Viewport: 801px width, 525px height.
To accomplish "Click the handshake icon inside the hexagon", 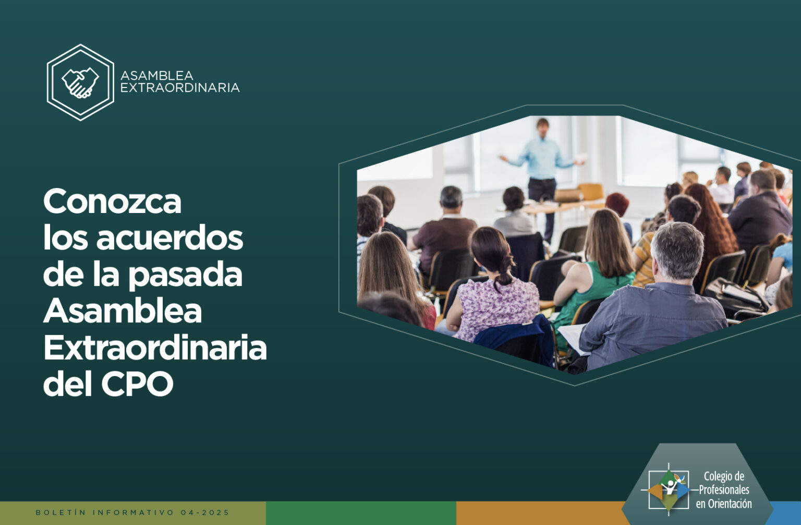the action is (x=80, y=82).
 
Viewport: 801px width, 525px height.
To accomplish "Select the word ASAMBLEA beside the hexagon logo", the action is (x=156, y=76).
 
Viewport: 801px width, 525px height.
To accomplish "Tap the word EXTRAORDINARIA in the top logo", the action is (x=180, y=87).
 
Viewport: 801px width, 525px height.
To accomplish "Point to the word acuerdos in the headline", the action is (x=170, y=238).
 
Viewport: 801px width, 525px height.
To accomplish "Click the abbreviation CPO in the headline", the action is (x=137, y=384).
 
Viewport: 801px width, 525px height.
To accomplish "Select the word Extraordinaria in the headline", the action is (x=155, y=347).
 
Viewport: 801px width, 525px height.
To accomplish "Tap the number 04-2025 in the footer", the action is (x=205, y=512).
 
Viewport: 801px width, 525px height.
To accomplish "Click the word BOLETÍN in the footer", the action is (x=61, y=512).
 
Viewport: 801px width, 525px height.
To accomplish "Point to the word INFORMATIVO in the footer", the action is (x=133, y=512).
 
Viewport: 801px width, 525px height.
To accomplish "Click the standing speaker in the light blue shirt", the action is (x=542, y=179).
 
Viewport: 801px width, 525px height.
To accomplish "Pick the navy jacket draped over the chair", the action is (x=515, y=341).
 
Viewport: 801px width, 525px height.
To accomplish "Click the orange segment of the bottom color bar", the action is (x=540, y=513).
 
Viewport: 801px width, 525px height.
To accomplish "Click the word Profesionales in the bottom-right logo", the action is (x=724, y=490).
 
